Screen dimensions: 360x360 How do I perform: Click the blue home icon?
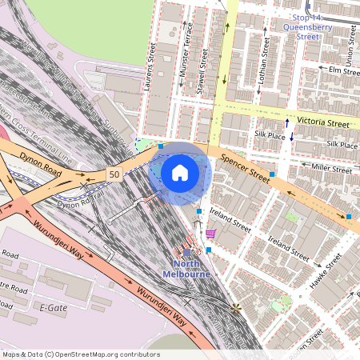coord(180,172)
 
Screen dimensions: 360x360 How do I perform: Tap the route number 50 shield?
coord(115,174)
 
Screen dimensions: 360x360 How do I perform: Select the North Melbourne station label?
coord(186,269)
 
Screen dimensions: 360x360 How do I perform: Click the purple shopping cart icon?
coord(210,234)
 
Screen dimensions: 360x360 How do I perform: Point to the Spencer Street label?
coord(246,166)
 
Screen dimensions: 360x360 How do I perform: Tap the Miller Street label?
coord(332,169)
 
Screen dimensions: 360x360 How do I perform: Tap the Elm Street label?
coord(345,70)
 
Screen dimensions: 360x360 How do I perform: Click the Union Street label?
coord(350,44)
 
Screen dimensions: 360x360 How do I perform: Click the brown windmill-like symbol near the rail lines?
coord(235,307)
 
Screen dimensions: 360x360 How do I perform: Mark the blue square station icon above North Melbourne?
coord(186,253)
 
